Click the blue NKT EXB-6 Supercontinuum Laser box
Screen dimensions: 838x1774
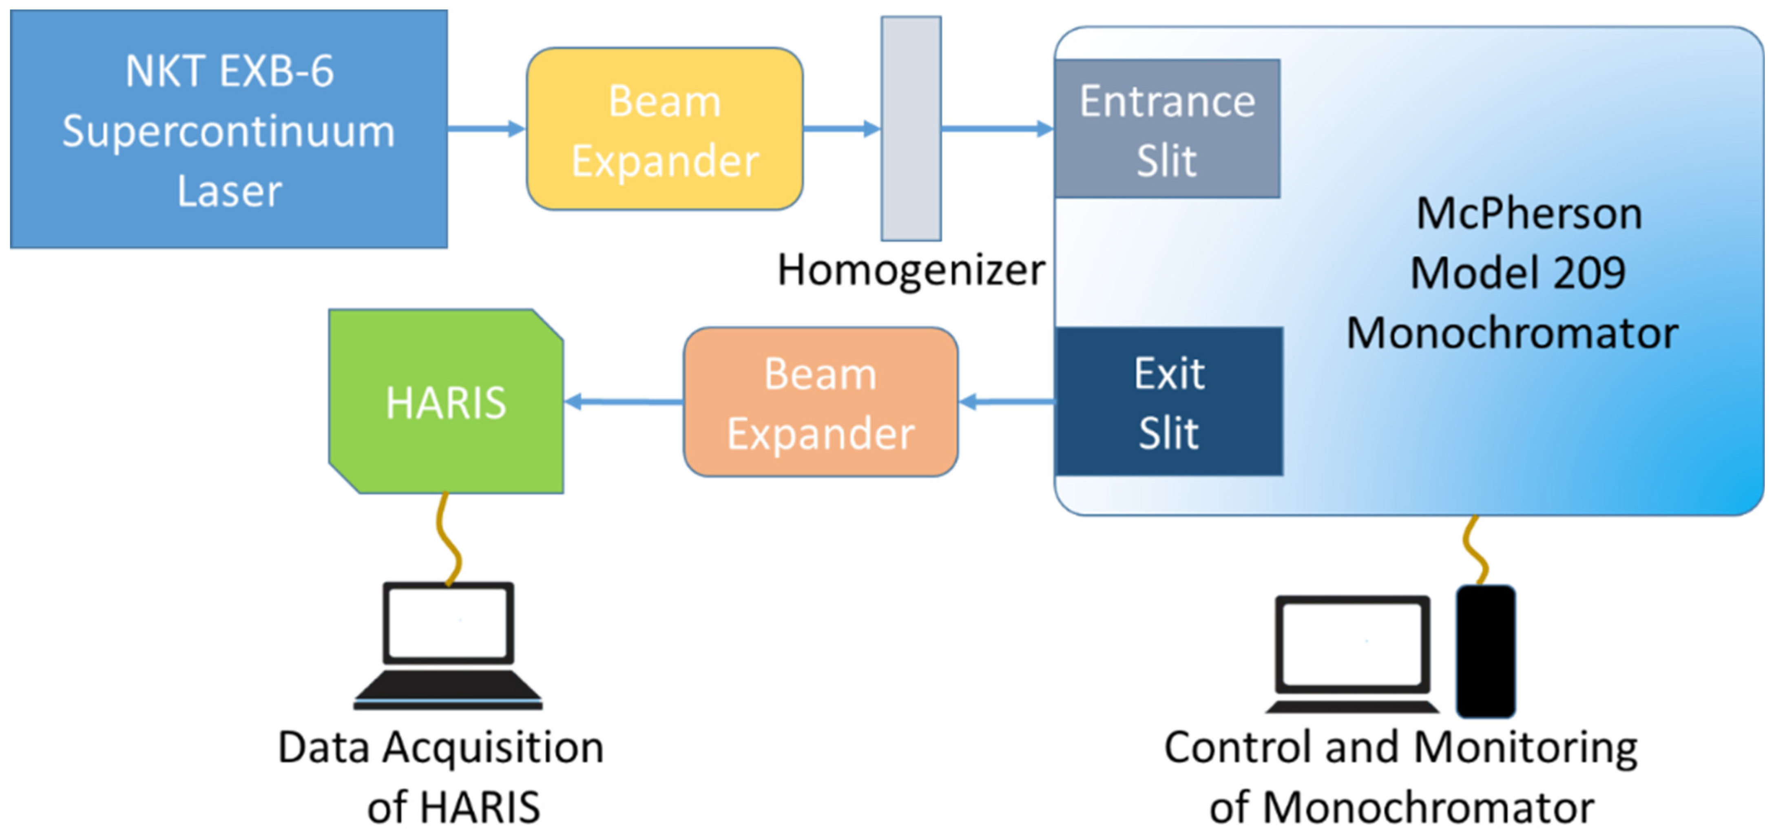coord(229,129)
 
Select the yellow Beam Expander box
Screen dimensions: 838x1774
coord(665,129)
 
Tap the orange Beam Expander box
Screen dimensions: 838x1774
coord(820,402)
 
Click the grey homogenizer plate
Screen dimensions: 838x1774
coord(911,129)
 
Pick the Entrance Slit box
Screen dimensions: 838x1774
coord(1167,129)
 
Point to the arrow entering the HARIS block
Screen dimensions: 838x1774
coord(623,401)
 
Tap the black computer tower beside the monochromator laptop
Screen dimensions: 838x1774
coord(1485,651)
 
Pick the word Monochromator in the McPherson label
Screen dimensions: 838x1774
coord(1512,333)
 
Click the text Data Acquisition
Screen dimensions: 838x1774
coord(441,748)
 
